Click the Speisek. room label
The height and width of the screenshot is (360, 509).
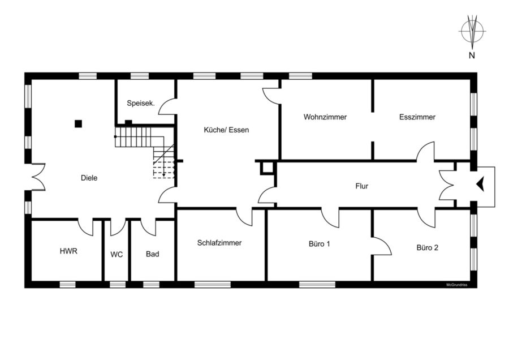(x=141, y=104)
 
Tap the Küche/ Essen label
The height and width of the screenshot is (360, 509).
(x=226, y=130)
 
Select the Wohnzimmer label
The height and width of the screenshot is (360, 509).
(x=325, y=117)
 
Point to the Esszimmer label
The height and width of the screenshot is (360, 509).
(x=417, y=117)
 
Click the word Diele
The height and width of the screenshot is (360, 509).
(x=89, y=178)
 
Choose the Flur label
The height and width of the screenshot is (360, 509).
(x=361, y=186)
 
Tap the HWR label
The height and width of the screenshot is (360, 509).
(x=68, y=251)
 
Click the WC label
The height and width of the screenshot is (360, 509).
(x=117, y=254)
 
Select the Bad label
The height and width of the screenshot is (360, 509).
(x=152, y=254)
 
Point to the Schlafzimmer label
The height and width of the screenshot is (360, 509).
(x=219, y=243)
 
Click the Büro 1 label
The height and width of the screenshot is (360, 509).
(x=320, y=244)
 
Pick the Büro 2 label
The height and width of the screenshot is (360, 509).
(x=427, y=247)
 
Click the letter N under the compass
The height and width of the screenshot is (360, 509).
(x=472, y=55)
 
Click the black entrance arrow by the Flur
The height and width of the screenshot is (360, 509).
(x=480, y=184)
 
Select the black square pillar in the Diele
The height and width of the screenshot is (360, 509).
(x=78, y=124)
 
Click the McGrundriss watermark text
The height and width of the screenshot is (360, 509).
(x=457, y=285)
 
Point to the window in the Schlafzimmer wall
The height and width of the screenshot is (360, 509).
(x=213, y=285)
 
